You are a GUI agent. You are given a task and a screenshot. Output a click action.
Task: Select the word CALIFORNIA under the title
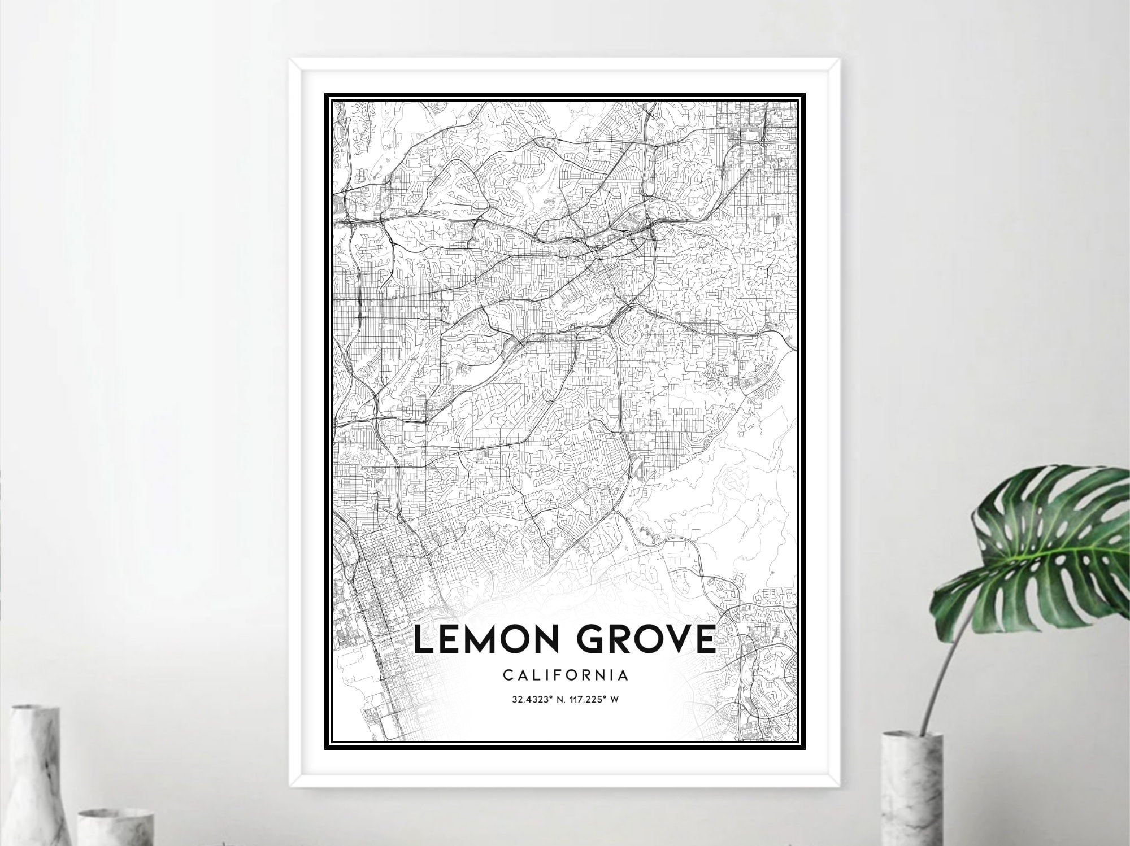coord(565,674)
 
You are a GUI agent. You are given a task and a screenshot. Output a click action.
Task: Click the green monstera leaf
coord(1045,542)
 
